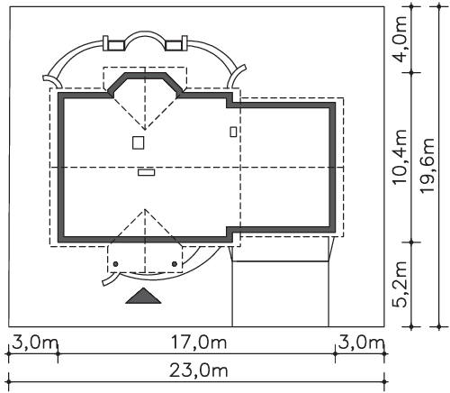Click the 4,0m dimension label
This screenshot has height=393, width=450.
tap(400, 39)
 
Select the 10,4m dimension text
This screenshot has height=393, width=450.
tap(400, 157)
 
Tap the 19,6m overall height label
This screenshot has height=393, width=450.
tap(427, 166)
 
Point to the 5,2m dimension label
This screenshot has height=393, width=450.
tap(400, 284)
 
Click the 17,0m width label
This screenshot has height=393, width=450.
tap(199, 343)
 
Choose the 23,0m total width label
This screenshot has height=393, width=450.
tap(199, 370)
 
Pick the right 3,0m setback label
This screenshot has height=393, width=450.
tap(362, 343)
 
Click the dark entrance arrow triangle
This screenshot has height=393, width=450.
tap(143, 296)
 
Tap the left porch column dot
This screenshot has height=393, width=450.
tap(115, 264)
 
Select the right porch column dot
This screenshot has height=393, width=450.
tap(175, 264)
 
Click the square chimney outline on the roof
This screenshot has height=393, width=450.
tap(139, 142)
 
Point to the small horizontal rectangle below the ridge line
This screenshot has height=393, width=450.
tap(147, 172)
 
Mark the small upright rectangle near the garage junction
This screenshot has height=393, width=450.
tap(233, 132)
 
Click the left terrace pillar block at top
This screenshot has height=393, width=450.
tap(113, 44)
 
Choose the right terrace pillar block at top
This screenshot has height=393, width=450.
tap(176, 44)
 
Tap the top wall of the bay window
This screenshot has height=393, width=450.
tap(145, 75)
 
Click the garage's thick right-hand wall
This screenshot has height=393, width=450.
tap(332, 168)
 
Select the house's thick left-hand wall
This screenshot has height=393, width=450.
tap(61, 168)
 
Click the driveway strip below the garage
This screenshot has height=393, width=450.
tap(281, 294)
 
